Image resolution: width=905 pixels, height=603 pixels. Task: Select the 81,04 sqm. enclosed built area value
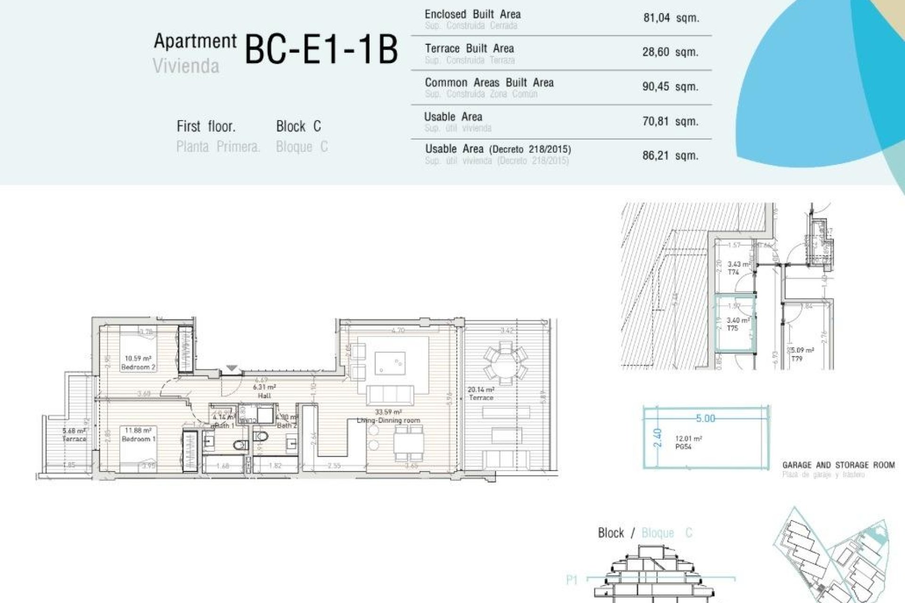[x=671, y=18]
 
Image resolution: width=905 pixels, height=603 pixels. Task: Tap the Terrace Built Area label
[x=469, y=49]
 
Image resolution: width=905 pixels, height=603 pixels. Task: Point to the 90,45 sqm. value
[x=670, y=87]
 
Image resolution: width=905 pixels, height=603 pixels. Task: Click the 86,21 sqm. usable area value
[x=670, y=155]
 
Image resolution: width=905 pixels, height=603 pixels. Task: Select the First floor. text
[x=206, y=126]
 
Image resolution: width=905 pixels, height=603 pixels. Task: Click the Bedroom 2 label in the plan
[x=138, y=367]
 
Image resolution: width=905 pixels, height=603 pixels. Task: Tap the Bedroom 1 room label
[x=139, y=439]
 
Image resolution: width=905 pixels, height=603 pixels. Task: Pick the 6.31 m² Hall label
[x=264, y=391]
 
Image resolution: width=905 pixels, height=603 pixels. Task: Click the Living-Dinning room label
[x=388, y=420]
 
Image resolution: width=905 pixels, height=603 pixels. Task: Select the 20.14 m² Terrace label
[x=481, y=394]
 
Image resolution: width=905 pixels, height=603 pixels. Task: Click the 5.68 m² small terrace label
[x=74, y=435]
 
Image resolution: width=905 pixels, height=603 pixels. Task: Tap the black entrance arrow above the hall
[x=231, y=368]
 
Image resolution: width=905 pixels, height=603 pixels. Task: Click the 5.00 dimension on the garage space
[x=705, y=418]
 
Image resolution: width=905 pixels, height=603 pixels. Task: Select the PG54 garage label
[x=683, y=447]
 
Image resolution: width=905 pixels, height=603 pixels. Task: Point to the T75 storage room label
[x=732, y=328]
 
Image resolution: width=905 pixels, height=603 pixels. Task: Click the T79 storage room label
[x=797, y=359]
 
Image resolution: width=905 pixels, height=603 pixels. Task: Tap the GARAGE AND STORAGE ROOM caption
[x=838, y=465]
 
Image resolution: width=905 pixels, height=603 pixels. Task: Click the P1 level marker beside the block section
[x=572, y=580]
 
